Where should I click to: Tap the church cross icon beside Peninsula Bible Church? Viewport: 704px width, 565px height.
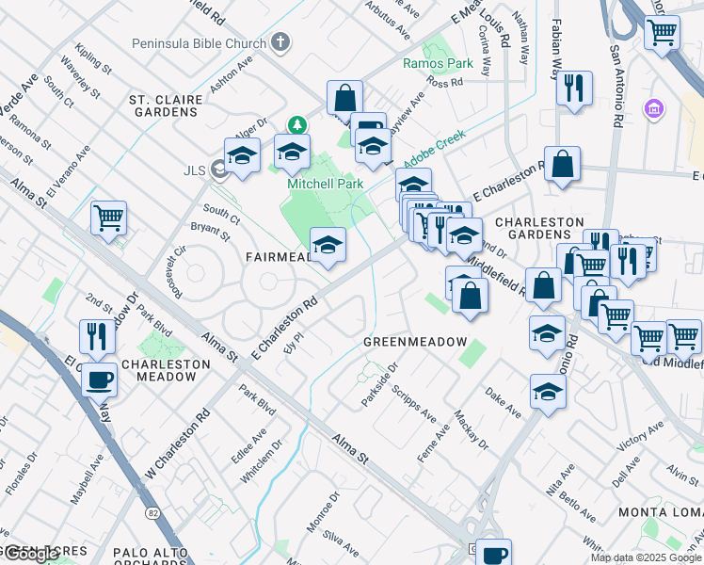[x=280, y=42]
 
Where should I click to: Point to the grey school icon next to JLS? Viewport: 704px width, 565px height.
[x=220, y=169]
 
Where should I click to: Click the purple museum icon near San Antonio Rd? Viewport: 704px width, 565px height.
[x=653, y=110]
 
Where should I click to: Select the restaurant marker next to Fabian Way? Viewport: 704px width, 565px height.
[x=574, y=89]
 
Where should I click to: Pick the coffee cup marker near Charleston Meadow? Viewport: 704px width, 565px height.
[x=99, y=380]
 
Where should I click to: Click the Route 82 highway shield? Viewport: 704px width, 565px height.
[x=152, y=513]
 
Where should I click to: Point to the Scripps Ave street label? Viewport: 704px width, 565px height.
[x=414, y=402]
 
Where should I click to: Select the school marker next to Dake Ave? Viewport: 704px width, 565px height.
[x=548, y=391]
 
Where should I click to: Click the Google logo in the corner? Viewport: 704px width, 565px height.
[x=30, y=555]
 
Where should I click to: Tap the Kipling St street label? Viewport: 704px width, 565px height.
[x=94, y=58]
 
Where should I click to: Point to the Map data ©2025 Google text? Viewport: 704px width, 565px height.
[x=645, y=557]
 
